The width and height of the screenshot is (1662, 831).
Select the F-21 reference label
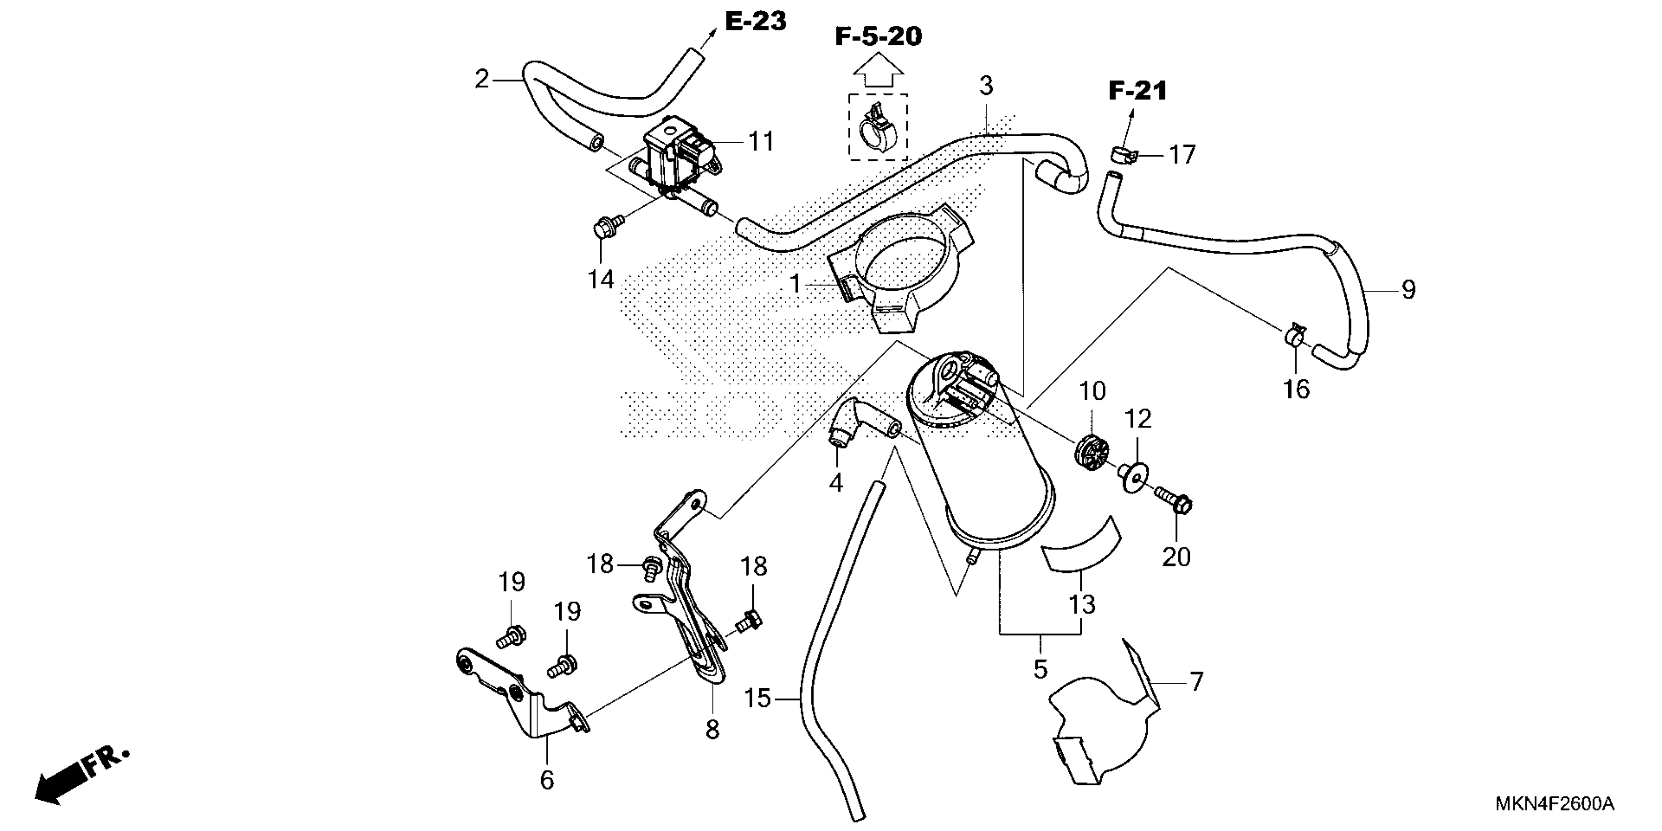pyautogui.click(x=1137, y=91)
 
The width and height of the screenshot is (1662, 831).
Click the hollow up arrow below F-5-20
pyautogui.click(x=877, y=70)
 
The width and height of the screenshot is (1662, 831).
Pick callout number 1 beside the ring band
pyautogui.click(x=795, y=283)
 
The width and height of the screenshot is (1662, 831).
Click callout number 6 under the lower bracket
pyautogui.click(x=547, y=780)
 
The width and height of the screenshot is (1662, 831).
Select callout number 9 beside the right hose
pyautogui.click(x=1408, y=290)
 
